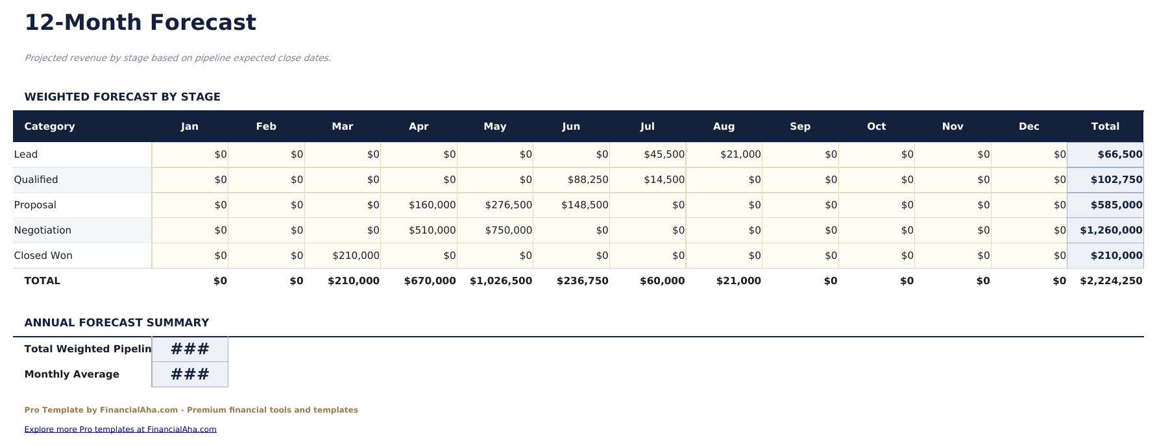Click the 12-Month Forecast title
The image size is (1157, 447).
tap(140, 23)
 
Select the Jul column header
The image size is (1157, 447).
tap(647, 127)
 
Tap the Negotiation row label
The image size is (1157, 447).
tap(43, 230)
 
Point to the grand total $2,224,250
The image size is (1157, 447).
tap(1110, 281)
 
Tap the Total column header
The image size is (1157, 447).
tap(1104, 127)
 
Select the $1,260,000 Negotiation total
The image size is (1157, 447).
tap(1110, 230)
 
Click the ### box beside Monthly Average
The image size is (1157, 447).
tap(189, 374)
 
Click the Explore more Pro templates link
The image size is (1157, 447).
tap(120, 429)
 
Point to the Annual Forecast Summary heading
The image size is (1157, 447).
tap(117, 322)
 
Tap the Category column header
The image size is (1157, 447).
tap(49, 127)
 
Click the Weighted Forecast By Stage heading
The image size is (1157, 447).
tap(122, 97)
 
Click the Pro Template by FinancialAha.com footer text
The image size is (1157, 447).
tap(191, 410)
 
